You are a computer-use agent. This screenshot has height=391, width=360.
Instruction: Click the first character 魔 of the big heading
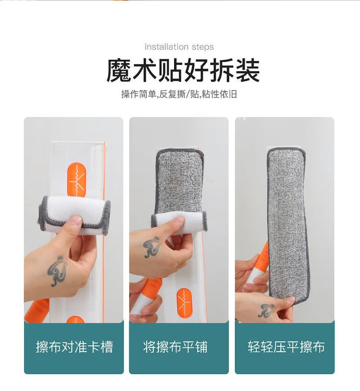119,71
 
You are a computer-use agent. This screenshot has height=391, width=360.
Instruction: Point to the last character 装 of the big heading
247,71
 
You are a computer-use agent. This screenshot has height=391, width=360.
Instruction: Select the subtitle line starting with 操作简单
179,94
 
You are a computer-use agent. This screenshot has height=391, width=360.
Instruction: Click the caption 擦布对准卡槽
74,347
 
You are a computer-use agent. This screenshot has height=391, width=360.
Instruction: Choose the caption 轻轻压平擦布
286,347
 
